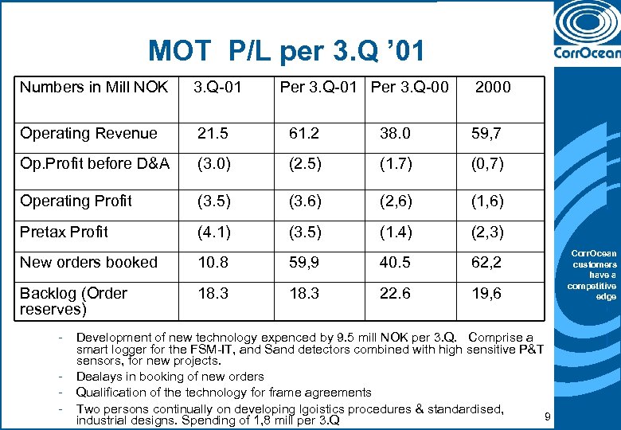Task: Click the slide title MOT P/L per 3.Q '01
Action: tap(287, 52)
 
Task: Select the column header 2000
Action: tap(493, 88)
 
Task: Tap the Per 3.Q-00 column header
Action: tap(409, 88)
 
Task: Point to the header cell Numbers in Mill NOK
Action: tap(94, 88)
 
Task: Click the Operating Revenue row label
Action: tap(88, 133)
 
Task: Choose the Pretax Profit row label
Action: tap(64, 232)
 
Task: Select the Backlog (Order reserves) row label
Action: tap(73, 300)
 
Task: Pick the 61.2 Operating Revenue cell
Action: tap(303, 133)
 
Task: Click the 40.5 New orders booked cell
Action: tap(394, 262)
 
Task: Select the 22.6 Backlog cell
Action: tap(394, 293)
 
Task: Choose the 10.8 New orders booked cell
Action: tap(212, 262)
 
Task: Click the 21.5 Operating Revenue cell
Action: tap(212, 133)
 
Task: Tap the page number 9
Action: tap(547, 416)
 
